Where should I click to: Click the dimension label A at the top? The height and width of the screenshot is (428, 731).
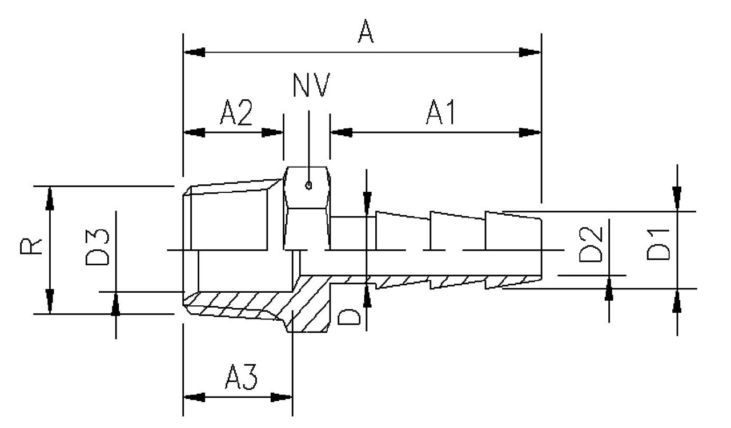(365, 33)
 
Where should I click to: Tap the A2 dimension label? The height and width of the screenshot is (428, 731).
(236, 115)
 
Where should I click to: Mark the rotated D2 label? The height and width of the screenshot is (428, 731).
(590, 244)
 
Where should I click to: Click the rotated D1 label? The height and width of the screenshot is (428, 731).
(658, 244)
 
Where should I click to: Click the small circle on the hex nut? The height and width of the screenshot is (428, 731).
(308, 184)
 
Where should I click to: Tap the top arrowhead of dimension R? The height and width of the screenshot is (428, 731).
(50, 197)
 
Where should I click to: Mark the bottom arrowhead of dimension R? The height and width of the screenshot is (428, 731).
(50, 302)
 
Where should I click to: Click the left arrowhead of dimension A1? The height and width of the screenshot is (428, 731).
(342, 132)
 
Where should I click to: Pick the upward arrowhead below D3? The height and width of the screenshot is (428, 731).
(115, 303)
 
